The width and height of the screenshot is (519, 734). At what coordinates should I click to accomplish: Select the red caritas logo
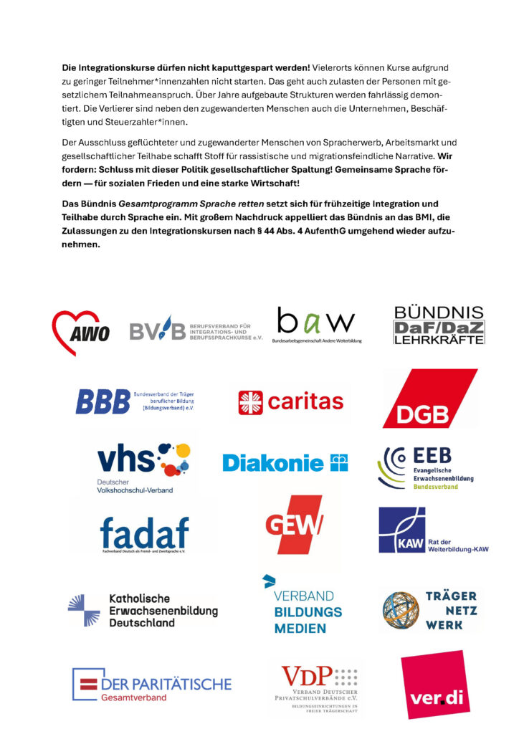(291, 402)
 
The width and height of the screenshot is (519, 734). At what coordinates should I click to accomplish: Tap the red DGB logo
(429, 399)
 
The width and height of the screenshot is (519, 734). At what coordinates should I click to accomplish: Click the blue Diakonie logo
(285, 462)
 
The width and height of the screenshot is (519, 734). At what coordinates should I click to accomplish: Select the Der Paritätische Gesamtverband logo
(152, 685)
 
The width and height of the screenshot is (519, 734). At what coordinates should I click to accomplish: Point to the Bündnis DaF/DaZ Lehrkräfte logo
(439, 325)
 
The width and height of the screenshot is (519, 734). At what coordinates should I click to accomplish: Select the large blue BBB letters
(103, 402)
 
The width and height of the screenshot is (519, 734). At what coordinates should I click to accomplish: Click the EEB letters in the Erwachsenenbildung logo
(432, 456)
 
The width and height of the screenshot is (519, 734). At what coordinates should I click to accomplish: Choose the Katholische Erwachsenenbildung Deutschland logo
(143, 610)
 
